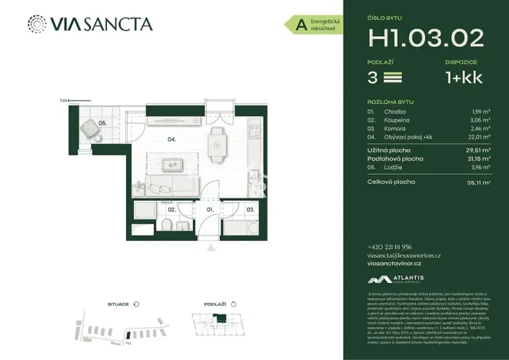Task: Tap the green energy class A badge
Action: coord(296,25)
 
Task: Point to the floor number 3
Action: coord(374,78)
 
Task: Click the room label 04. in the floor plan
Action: coord(173,139)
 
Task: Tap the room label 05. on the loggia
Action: coord(102,122)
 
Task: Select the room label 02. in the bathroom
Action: coord(171,208)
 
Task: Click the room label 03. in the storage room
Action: coord(250,208)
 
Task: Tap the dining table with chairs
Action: coord(218,141)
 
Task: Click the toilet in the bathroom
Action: coord(166,224)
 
